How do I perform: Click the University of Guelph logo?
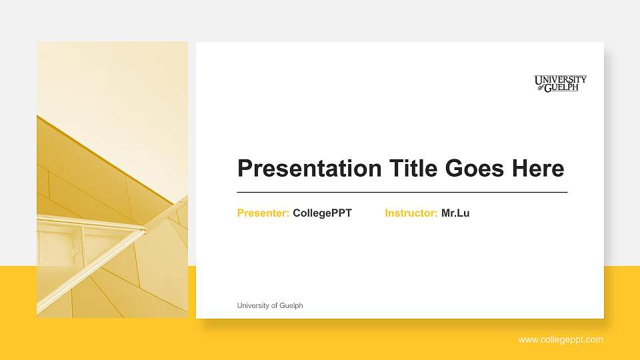560,83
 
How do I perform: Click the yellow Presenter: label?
263,213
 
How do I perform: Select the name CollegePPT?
322,213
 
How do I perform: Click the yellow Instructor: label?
411,213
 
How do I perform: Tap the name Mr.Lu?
455,213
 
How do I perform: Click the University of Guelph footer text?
270,305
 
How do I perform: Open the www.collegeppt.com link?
561,340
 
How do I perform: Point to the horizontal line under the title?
402,192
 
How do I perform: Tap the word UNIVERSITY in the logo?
560,80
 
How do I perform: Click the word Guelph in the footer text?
291,305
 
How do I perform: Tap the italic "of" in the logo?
539,87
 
